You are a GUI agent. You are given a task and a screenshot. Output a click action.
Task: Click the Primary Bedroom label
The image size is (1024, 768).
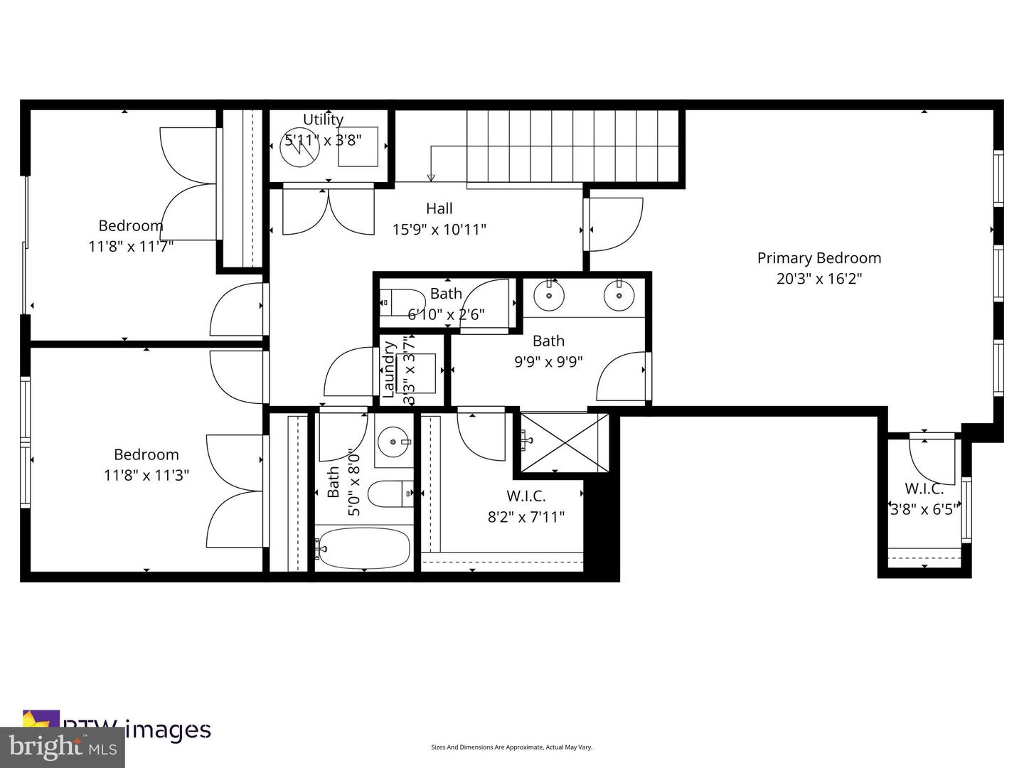click(x=818, y=258)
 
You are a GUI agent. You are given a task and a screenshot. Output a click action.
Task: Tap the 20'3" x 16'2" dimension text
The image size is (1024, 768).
click(x=818, y=279)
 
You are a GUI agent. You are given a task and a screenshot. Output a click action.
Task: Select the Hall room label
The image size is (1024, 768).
click(x=439, y=208)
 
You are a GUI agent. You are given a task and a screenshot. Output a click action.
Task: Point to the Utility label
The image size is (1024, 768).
click(x=323, y=119)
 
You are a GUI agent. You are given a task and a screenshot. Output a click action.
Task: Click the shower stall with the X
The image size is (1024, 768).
click(x=565, y=442)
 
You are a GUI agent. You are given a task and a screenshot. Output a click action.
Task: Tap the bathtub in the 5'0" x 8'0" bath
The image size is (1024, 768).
click(x=363, y=548)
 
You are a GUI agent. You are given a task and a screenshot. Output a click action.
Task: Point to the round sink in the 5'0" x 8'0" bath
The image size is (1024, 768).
click(x=393, y=442)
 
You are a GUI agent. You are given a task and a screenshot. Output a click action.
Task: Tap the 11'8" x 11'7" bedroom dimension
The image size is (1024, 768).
click(x=131, y=247)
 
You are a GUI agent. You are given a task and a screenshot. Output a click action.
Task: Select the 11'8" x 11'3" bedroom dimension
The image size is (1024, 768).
click(x=146, y=475)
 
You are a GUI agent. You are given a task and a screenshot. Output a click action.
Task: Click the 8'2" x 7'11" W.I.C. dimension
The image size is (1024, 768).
click(x=526, y=517)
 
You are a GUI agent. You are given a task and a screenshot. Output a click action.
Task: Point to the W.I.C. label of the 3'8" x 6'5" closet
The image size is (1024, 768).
click(x=924, y=489)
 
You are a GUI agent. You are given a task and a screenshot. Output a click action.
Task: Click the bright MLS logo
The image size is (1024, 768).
click(x=62, y=747)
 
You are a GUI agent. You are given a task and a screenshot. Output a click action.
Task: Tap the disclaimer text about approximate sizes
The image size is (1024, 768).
click(x=511, y=747)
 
